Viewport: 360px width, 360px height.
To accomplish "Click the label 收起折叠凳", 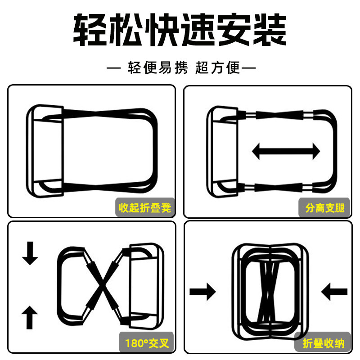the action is coord(145,208).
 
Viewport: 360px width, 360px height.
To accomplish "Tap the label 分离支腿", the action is coord(324,208).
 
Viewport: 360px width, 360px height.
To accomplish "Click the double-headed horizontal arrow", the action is coord(286,151).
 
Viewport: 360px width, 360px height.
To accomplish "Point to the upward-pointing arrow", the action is coord(30,317).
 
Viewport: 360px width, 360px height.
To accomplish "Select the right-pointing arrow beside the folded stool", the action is coord(202,292).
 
